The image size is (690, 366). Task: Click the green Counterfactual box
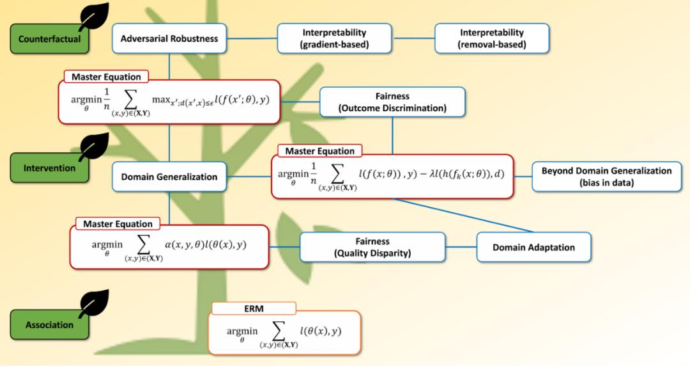pyautogui.click(x=49, y=39)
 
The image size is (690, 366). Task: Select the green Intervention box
pyautogui.click(x=49, y=168)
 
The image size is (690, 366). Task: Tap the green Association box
pyautogui.click(x=49, y=324)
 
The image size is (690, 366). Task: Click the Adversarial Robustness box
pyautogui.click(x=169, y=38)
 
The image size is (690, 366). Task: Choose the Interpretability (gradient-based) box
pyautogui.click(x=335, y=38)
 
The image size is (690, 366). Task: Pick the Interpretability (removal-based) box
pyautogui.click(x=492, y=38)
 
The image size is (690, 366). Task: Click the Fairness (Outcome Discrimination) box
pyautogui.click(x=392, y=102)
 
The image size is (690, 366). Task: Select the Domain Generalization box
pyautogui.click(x=169, y=177)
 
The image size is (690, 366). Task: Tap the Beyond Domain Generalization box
pyautogui.click(x=606, y=176)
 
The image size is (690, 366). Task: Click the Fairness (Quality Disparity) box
pyautogui.click(x=372, y=247)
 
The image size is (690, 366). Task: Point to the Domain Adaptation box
pyautogui.click(x=533, y=247)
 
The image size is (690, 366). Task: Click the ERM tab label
pyautogui.click(x=254, y=308)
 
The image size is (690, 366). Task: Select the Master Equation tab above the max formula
pyautogui.click(x=105, y=77)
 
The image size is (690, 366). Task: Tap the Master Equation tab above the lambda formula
pyautogui.click(x=319, y=151)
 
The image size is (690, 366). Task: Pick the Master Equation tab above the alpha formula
pyautogui.click(x=118, y=224)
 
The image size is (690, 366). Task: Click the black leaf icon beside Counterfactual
pyautogui.click(x=93, y=16)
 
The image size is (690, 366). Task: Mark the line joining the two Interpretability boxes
pyautogui.click(x=413, y=38)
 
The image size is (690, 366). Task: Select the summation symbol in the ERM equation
pyautogui.click(x=279, y=332)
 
